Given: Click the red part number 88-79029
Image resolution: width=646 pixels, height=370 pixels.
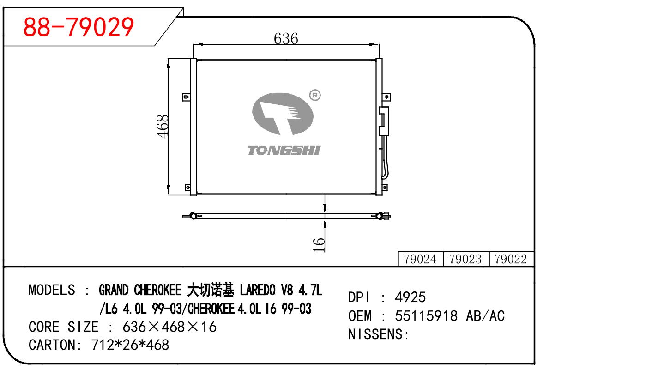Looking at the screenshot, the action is (78, 27).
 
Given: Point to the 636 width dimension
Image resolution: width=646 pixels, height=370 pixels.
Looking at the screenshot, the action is (286, 39).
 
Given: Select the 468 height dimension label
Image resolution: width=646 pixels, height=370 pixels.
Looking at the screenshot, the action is (163, 126).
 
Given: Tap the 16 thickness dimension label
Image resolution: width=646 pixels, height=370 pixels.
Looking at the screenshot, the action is (319, 245).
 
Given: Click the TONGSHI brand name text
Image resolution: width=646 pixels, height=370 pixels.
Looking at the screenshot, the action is (284, 150).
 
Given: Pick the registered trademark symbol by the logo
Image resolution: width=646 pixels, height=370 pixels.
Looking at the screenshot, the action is (315, 95).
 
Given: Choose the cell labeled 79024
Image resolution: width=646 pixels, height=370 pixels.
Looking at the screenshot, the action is (420, 259).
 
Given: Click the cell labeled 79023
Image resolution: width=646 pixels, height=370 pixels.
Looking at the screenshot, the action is (465, 259).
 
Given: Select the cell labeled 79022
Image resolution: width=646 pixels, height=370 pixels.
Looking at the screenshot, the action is (511, 259).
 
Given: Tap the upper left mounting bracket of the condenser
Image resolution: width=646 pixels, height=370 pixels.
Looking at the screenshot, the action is (186, 97).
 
